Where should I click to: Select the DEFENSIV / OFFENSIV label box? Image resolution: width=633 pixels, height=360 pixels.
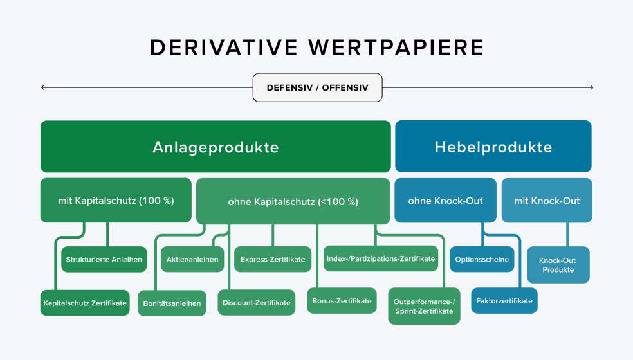pos(317,87)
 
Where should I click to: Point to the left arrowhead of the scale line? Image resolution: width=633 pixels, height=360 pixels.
pos(42,87)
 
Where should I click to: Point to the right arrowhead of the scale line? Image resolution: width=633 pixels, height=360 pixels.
pos(591,87)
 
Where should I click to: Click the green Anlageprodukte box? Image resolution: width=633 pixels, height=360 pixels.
pos(216,147)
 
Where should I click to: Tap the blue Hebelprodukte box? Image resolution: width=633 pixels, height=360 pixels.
pos(493,147)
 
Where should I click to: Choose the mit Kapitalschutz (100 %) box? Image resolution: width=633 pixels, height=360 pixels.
pos(116,201)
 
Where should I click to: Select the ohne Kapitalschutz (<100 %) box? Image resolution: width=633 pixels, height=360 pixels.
pos(293,201)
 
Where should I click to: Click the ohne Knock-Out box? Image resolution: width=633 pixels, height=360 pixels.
pos(445,201)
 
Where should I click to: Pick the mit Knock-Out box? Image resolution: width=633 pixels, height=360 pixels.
pos(546,201)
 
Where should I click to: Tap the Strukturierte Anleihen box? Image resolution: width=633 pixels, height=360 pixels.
pos(104,260)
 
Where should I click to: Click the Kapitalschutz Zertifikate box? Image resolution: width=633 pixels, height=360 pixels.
pos(85,303)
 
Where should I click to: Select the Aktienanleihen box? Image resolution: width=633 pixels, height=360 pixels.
pos(192,260)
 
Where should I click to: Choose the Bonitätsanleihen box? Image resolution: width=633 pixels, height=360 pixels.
pos(172,303)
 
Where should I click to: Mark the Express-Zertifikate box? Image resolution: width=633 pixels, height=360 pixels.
pos(273,260)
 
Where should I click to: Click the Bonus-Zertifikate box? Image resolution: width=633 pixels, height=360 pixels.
pos(342,301)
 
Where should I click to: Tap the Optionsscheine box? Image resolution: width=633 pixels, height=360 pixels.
pos(482,260)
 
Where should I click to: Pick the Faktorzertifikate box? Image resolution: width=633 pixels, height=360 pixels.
pos(504,301)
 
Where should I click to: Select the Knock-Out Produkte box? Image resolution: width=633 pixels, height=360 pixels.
pos(558,265)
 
